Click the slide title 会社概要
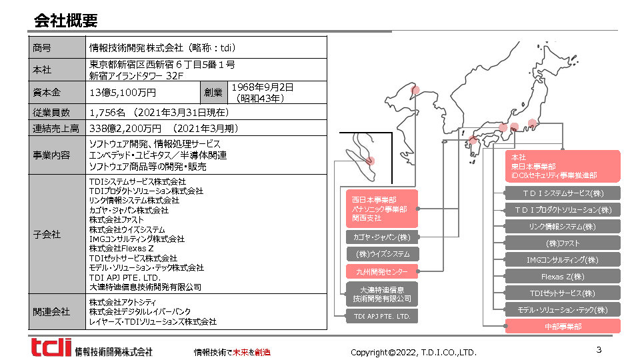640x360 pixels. pyautogui.click(x=66, y=21)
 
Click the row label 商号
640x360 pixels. pyautogui.click(x=42, y=48)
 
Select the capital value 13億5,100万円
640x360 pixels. pyautogui.click(x=123, y=93)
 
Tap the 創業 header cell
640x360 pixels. pyautogui.click(x=213, y=93)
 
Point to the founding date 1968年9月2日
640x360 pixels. pyautogui.click(x=263, y=87)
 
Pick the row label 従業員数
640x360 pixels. pyautogui.click(x=51, y=112)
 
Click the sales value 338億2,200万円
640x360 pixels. pyautogui.click(x=125, y=129)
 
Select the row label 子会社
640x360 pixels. pyautogui.click(x=47, y=234)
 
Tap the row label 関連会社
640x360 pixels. pyautogui.click(x=51, y=312)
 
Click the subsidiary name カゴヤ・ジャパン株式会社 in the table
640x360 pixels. pyautogui.click(x=129, y=210)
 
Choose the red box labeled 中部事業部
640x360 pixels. pyautogui.click(x=563, y=327)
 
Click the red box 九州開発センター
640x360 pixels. pyautogui.click(x=382, y=271)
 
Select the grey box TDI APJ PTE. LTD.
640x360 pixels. pyautogui.click(x=382, y=316)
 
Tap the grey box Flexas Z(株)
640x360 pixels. pyautogui.click(x=563, y=277)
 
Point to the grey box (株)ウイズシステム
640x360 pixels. pyautogui.click(x=383, y=254)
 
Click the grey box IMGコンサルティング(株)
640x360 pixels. pyautogui.click(x=563, y=260)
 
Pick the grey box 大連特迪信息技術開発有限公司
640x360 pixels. pyautogui.click(x=382, y=294)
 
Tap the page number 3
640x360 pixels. pyautogui.click(x=599, y=349)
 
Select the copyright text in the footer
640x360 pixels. pyautogui.click(x=413, y=352)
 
